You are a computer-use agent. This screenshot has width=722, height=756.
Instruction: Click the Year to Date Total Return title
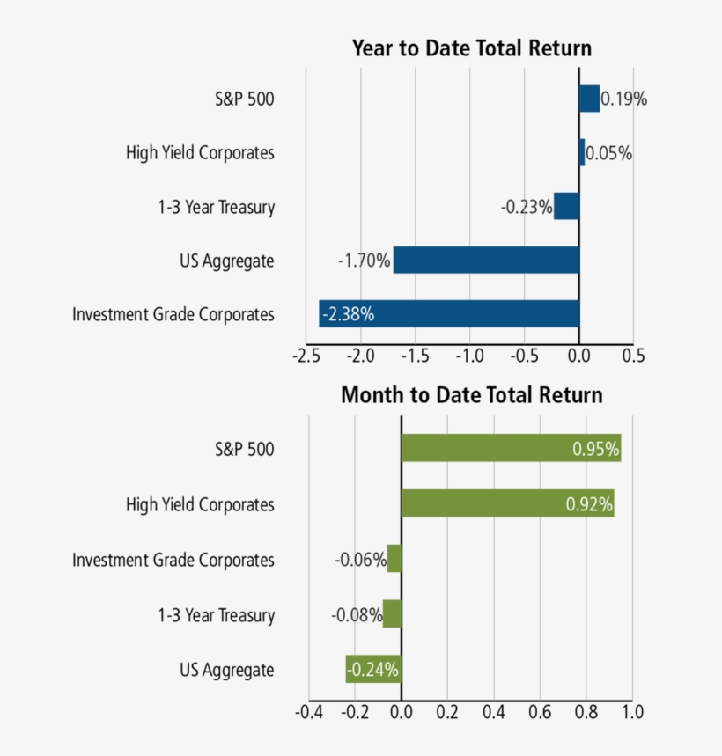tap(471, 48)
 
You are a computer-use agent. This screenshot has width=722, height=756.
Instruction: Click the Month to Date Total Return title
tap(471, 395)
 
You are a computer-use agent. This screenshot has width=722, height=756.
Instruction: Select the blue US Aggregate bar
tap(486, 261)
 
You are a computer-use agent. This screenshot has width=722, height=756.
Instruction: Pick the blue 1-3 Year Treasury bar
tap(566, 207)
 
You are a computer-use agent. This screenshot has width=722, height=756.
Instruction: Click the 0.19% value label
tap(624, 99)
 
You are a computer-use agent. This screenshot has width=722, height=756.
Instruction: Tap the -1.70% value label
tap(364, 261)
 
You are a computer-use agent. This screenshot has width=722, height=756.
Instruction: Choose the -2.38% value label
tap(348, 314)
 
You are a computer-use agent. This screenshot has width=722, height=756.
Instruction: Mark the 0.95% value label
tap(593, 449)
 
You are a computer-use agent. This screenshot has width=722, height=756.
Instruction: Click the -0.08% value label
tap(357, 614)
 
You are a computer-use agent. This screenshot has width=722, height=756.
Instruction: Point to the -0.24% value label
tap(373, 670)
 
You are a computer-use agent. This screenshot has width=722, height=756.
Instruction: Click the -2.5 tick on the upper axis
tap(306, 356)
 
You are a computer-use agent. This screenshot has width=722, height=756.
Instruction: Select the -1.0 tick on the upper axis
tap(469, 356)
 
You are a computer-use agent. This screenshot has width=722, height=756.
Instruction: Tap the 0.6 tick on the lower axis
tap(540, 710)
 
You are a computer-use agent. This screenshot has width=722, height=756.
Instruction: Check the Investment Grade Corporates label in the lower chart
tap(173, 560)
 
